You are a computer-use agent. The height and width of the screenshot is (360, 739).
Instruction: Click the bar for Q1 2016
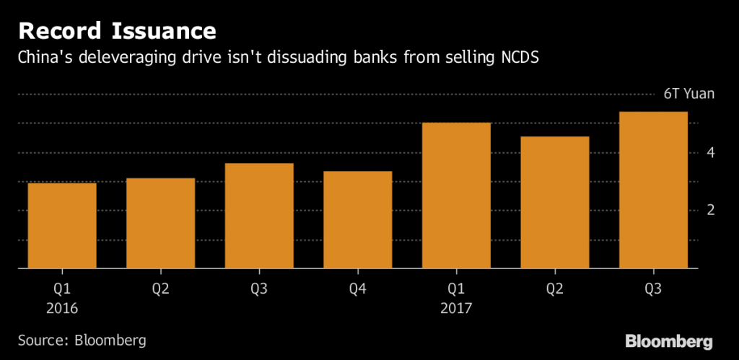(62, 226)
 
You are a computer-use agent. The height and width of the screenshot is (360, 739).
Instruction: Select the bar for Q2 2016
(161, 223)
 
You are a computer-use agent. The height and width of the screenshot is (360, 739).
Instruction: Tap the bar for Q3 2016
(259, 216)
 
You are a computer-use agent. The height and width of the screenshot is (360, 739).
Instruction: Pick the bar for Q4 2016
(358, 219)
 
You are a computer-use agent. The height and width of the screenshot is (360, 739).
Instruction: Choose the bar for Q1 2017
(457, 196)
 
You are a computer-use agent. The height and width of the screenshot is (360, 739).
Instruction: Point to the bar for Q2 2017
(555, 203)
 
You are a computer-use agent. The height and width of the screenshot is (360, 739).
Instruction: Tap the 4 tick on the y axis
(711, 153)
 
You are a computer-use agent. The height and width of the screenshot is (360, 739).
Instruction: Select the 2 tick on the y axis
(711, 211)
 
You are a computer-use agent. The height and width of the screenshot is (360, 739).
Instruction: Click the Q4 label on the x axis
(358, 289)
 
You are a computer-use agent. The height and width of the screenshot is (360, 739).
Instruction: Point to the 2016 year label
(62, 308)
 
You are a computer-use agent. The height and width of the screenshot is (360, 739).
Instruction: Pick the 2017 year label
(457, 308)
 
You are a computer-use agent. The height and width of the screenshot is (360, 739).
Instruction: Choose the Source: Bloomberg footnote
(82, 340)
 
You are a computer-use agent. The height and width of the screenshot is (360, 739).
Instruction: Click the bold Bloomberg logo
(669, 340)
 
